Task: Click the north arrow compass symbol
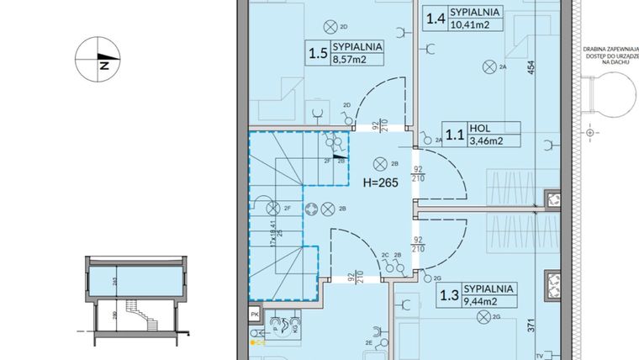[98, 61]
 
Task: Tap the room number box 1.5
[318, 55]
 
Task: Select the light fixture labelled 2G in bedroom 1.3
[482, 316]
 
